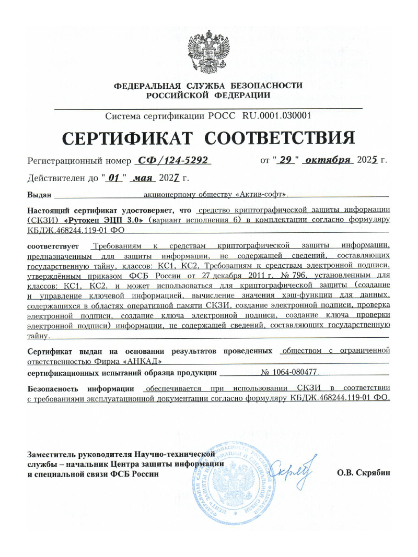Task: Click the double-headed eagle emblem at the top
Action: pos(208,52)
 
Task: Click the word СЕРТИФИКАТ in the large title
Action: pos(127,138)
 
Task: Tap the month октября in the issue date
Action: pos(329,160)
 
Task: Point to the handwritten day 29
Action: pos(285,160)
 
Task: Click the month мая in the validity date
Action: pos(142,178)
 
